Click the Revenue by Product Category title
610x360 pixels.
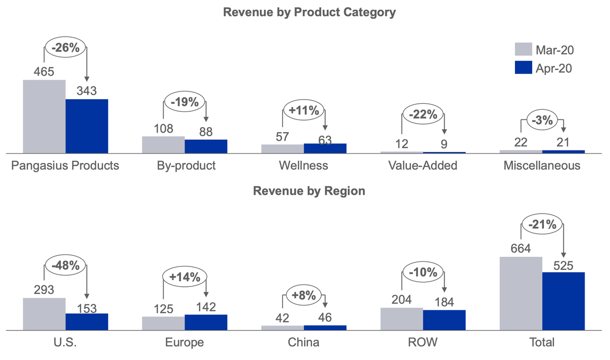pos(309,13)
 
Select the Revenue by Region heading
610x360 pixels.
pos(309,191)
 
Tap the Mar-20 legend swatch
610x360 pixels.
pos(523,49)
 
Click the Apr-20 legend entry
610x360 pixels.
pos(554,68)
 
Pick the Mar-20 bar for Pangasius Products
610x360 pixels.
pos(44,116)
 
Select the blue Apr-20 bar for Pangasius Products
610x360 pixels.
pos(87,126)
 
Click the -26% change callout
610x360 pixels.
pos(66,48)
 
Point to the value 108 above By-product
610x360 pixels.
pos(163,129)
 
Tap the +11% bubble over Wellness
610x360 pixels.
pos(303,110)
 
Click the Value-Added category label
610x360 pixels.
pos(422,166)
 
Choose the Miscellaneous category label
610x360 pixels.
pos(542,166)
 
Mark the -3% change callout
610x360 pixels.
pos(542,121)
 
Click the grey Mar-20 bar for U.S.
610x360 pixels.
pos(44,314)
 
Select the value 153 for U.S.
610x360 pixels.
pos(87,307)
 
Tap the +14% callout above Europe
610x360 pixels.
pos(185,277)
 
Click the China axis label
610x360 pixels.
pos(303,342)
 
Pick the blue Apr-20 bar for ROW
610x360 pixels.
pos(444,320)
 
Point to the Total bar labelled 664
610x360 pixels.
pos(521,293)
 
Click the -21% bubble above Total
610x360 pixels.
pos(542,225)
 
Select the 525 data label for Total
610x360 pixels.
pos(563,265)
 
